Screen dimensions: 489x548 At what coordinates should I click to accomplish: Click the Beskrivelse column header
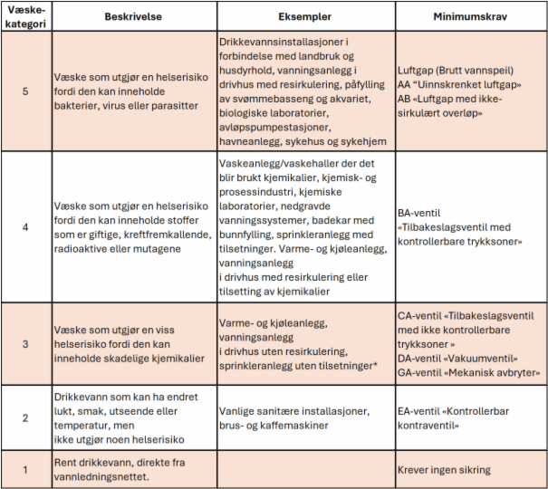[x=134, y=16]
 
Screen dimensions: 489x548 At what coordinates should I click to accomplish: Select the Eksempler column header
[x=303, y=16]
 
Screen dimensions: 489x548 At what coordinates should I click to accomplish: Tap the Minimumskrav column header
[x=470, y=16]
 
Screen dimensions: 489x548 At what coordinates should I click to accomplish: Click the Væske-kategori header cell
[x=27, y=16]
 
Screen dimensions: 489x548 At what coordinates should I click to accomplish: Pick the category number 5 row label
[x=27, y=91]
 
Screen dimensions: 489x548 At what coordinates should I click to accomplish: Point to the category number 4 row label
[x=27, y=225]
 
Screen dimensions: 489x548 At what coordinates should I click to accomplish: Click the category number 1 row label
[x=27, y=469]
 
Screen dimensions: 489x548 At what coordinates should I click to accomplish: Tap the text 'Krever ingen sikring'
[x=444, y=470]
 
